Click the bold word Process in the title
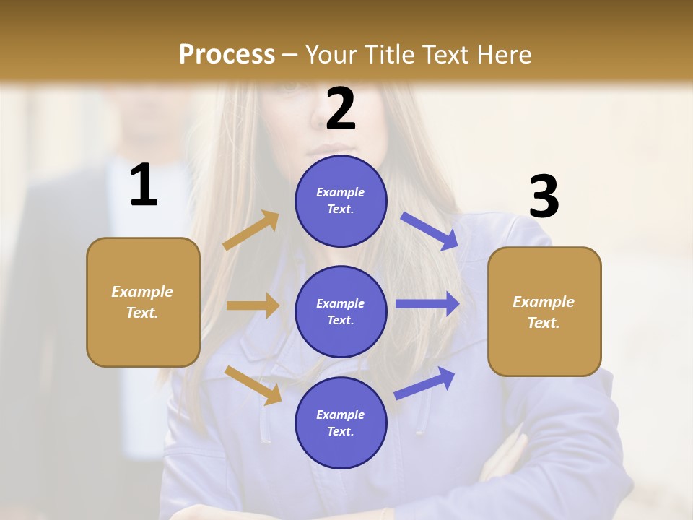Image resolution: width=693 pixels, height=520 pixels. (x=227, y=55)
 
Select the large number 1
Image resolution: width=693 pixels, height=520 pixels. (x=144, y=186)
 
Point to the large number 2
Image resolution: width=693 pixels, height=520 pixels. (x=341, y=109)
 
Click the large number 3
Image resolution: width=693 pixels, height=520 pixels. (x=544, y=196)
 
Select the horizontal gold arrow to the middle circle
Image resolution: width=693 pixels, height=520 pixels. (x=253, y=305)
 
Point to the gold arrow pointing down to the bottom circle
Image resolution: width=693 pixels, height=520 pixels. (x=253, y=385)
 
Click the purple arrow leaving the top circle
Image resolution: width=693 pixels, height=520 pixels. (x=430, y=231)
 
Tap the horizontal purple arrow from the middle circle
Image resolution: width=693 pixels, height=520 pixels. (x=427, y=304)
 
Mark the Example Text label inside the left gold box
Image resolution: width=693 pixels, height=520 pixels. (x=142, y=302)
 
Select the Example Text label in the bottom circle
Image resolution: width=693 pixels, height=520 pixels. (x=341, y=422)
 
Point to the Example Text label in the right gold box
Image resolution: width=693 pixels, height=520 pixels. (x=544, y=312)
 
